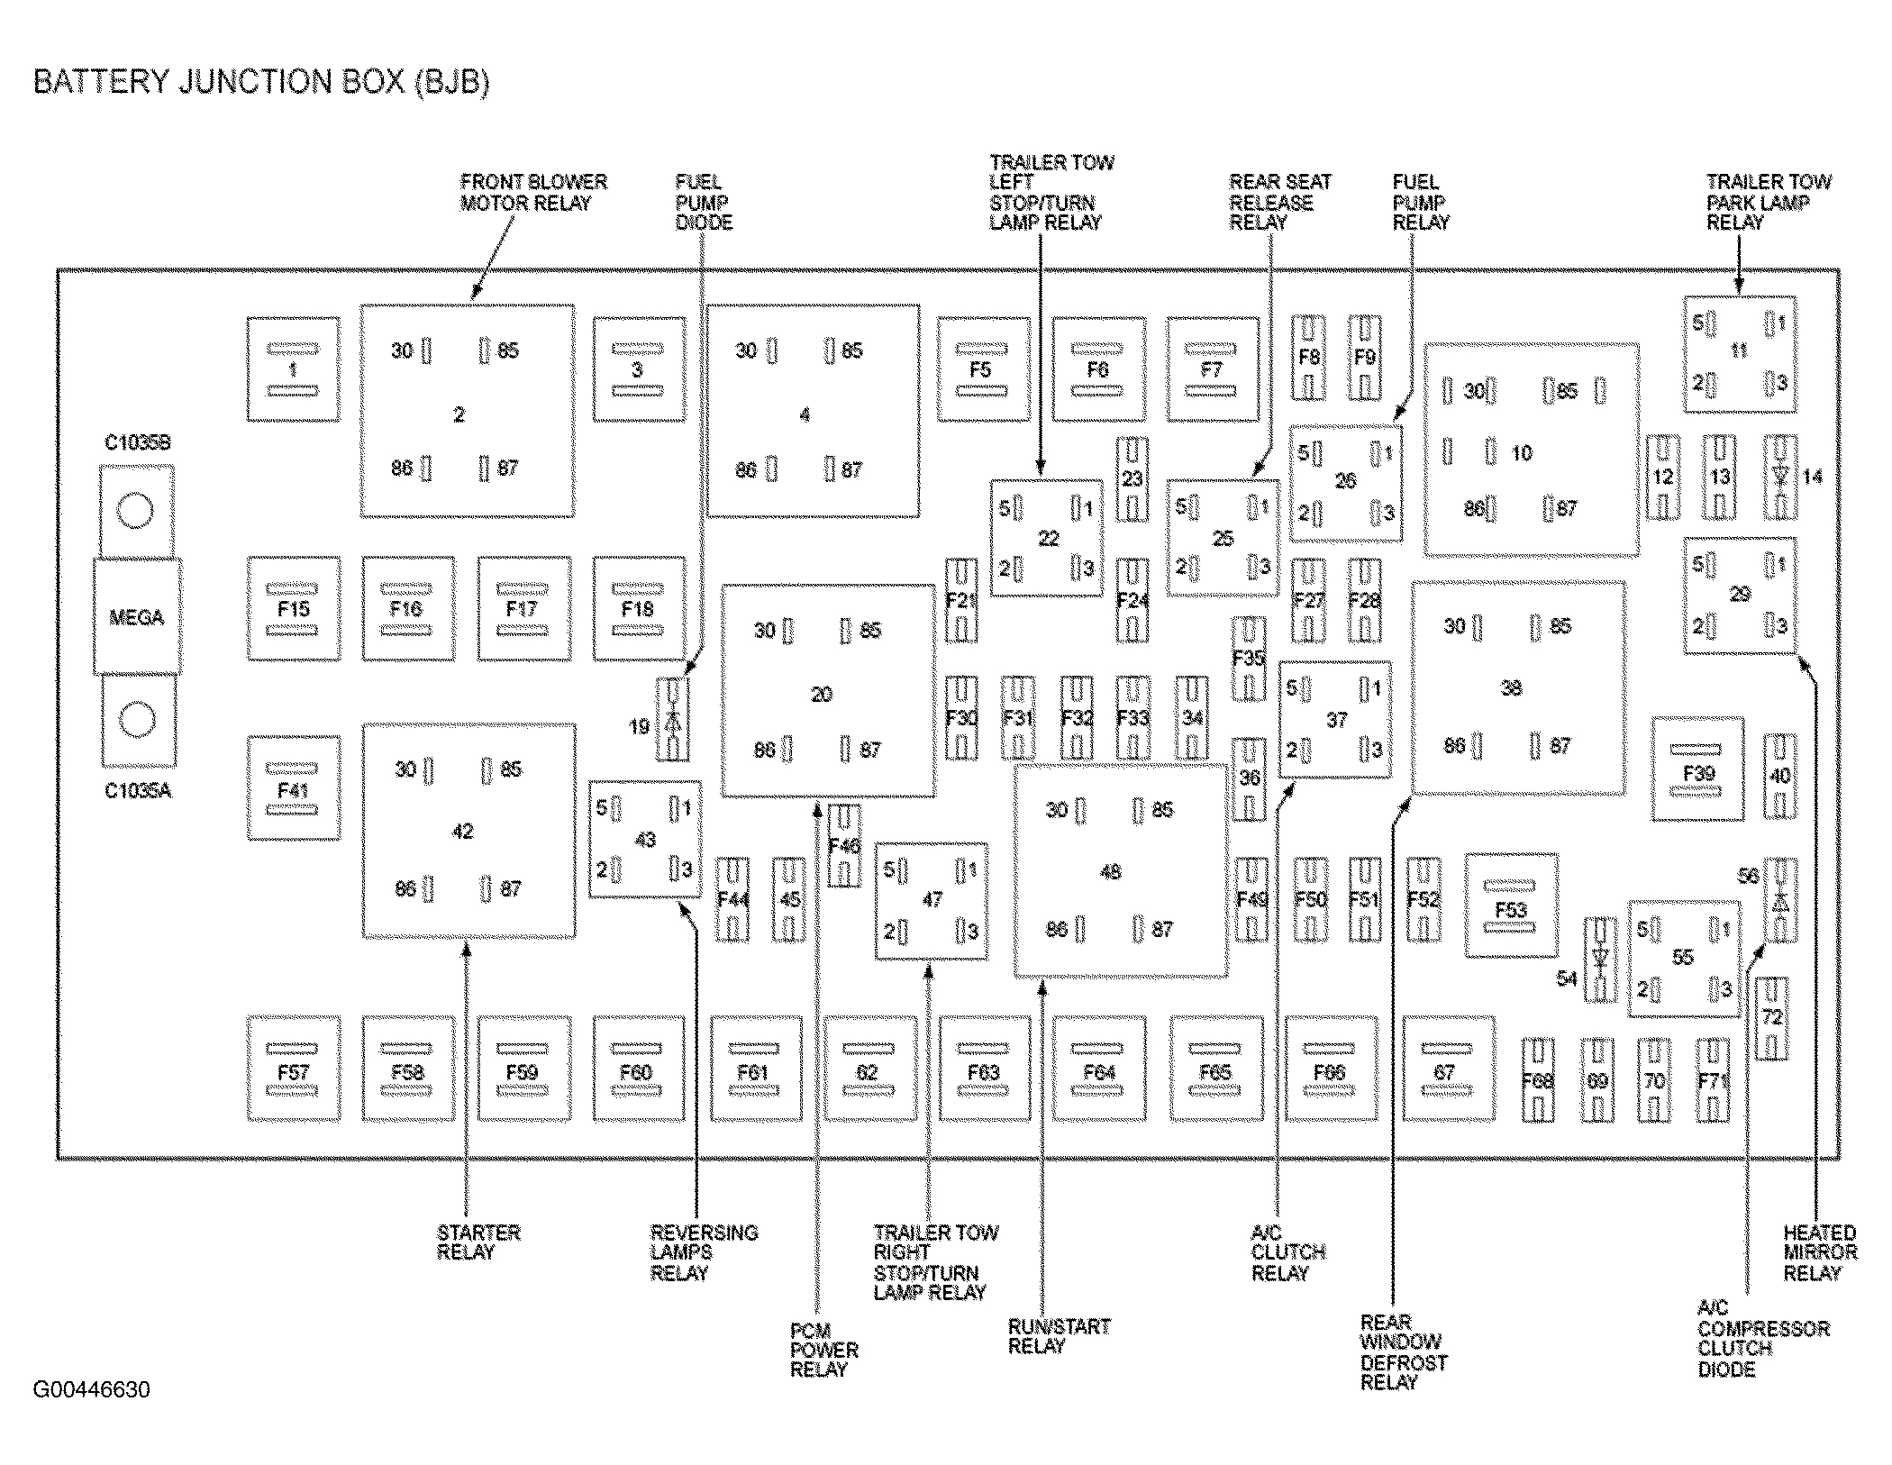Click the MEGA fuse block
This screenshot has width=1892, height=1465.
pyautogui.click(x=137, y=617)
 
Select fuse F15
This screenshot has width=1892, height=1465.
pyautogui.click(x=294, y=609)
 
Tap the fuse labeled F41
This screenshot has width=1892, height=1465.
pyautogui.click(x=294, y=789)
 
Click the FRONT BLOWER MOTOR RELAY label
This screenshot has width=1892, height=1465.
pyautogui.click(x=532, y=193)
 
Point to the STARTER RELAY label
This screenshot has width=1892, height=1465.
pyautogui.click(x=478, y=1242)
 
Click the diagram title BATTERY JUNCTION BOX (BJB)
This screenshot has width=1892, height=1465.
pyautogui.click(x=261, y=82)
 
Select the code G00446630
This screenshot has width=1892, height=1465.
pyautogui.click(x=92, y=1389)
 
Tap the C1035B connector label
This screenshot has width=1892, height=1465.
pyautogui.click(x=137, y=443)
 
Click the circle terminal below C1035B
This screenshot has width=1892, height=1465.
pyautogui.click(x=136, y=510)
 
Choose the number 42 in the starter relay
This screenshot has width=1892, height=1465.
pyautogui.click(x=462, y=831)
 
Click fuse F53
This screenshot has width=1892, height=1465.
pyautogui.click(x=1511, y=908)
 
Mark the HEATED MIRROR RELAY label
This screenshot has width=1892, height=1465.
pyautogui.click(x=1819, y=1252)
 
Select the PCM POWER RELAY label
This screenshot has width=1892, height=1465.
pyautogui.click(x=823, y=1350)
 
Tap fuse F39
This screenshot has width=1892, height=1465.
pyautogui.click(x=1698, y=771)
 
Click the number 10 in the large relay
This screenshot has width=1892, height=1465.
pyautogui.click(x=1522, y=453)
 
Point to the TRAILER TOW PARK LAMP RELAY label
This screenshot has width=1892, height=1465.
pyautogui.click(x=1768, y=202)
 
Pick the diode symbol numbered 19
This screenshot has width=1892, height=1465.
pyautogui.click(x=673, y=720)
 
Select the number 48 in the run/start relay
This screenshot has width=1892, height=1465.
pyautogui.click(x=1111, y=872)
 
